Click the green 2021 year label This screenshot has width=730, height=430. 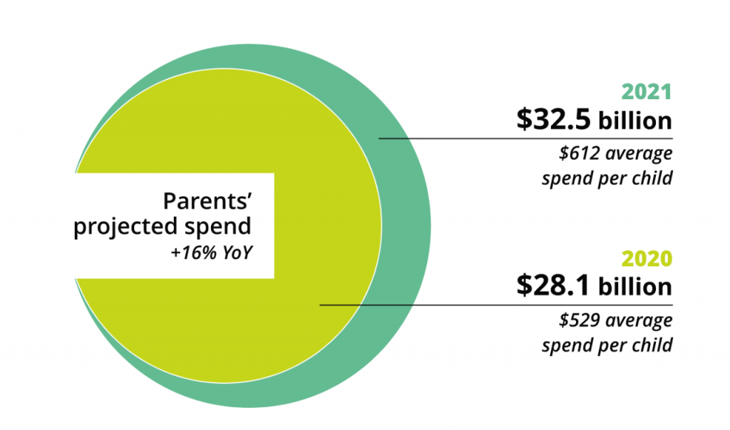click(x=647, y=92)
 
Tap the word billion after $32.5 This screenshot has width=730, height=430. click(x=635, y=121)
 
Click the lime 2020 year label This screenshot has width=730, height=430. click(x=647, y=258)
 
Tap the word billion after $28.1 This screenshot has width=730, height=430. click(x=635, y=287)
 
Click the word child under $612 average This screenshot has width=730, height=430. click(x=653, y=178)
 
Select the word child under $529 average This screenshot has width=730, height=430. click(x=653, y=345)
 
